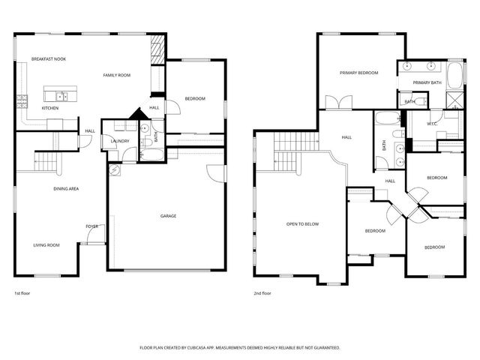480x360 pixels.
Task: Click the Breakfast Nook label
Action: [x=49, y=58]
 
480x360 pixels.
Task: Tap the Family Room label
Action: [x=117, y=75]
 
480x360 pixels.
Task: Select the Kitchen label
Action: [x=50, y=108]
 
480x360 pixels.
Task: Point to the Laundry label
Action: [x=120, y=141]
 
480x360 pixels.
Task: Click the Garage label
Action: [x=168, y=216]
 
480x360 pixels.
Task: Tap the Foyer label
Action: [x=91, y=226]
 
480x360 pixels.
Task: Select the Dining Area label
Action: [x=66, y=188]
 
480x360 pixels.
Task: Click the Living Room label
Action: [x=46, y=245]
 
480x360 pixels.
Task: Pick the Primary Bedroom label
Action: [x=358, y=73]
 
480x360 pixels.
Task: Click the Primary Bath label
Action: [x=427, y=82]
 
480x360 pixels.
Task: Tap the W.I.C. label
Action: [x=433, y=124]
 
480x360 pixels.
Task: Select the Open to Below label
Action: [x=302, y=223]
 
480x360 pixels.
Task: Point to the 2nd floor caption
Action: [x=262, y=293]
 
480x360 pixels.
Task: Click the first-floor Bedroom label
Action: [x=195, y=99]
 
